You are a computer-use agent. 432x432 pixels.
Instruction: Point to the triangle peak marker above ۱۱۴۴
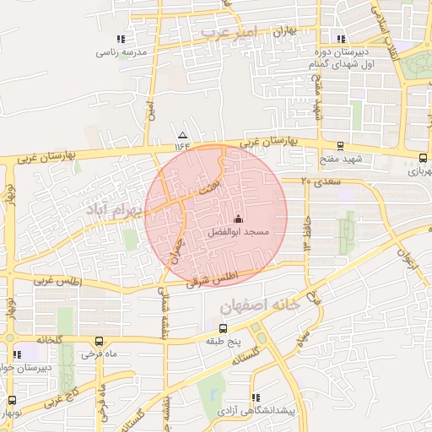click(x=182, y=135)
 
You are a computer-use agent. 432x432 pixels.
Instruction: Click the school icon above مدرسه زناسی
click(x=122, y=39)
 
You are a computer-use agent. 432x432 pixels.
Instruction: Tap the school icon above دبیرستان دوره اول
click(x=341, y=38)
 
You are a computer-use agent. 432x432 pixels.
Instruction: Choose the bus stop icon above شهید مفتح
click(x=340, y=146)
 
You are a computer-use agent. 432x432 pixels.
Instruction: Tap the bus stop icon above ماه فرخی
click(x=100, y=342)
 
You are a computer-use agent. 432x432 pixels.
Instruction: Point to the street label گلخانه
click(x=50, y=339)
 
